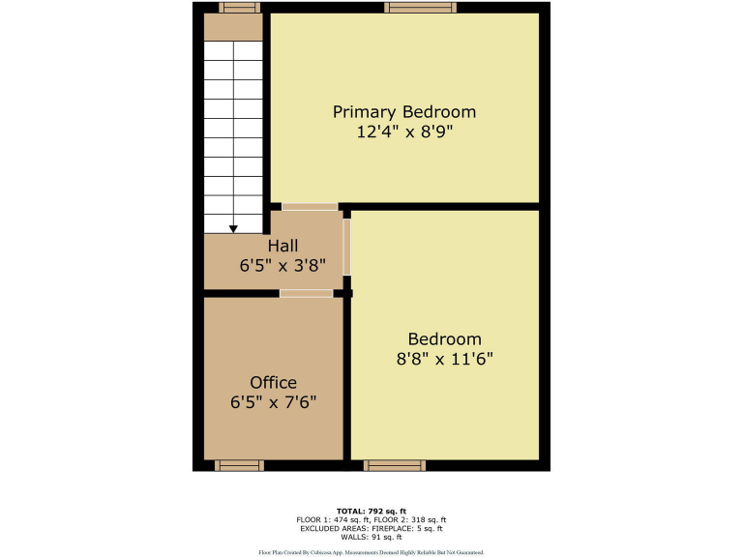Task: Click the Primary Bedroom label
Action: (x=404, y=112)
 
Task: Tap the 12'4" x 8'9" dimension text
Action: (x=404, y=132)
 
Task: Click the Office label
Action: (x=273, y=382)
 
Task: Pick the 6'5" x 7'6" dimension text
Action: (x=273, y=402)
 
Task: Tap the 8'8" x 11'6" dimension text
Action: (x=444, y=359)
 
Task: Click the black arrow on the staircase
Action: (x=233, y=229)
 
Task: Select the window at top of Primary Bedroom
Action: (x=420, y=8)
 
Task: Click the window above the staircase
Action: (x=239, y=8)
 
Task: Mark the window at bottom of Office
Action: (x=239, y=465)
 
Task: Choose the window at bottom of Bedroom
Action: (x=393, y=465)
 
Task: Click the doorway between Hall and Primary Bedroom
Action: (x=310, y=207)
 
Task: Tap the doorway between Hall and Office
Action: (x=306, y=293)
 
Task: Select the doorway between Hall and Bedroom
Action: (x=347, y=247)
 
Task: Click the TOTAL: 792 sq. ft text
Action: (x=371, y=511)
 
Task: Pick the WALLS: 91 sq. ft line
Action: (x=371, y=538)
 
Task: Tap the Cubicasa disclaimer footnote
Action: (x=371, y=552)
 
